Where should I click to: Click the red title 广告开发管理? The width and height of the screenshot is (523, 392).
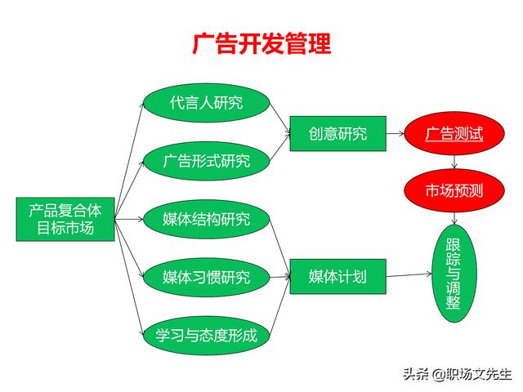tap(261, 43)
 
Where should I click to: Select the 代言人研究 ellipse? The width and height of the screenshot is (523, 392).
tap(207, 103)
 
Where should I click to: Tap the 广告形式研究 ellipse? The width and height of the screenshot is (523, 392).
tap(207, 161)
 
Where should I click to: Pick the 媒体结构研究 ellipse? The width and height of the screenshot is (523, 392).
tap(207, 220)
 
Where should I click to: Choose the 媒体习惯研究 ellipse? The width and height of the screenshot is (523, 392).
tap(207, 278)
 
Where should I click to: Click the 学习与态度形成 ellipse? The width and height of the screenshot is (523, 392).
tap(207, 336)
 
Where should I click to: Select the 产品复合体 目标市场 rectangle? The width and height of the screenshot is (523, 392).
tap(65, 220)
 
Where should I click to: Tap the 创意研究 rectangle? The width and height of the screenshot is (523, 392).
tap(337, 134)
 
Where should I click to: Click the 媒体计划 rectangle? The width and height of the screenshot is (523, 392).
tap(337, 277)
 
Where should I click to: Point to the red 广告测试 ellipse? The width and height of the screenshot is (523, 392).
tap(454, 134)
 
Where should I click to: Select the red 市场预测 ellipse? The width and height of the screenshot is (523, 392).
tap(454, 190)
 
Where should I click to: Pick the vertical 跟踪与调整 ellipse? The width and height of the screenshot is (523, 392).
tap(454, 274)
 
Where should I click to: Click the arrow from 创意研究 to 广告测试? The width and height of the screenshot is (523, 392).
tap(396, 134)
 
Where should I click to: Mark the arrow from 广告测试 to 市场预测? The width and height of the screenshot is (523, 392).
tap(454, 162)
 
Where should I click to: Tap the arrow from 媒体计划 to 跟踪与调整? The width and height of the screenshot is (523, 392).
tap(409, 275)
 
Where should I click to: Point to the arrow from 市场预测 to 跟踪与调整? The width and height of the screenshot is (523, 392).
tap(454, 218)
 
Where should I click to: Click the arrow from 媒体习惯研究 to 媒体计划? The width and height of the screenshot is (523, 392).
tap(279, 277)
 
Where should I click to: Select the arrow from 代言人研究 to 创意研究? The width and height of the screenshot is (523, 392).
tap(279, 118)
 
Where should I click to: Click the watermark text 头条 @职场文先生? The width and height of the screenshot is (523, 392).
tap(457, 374)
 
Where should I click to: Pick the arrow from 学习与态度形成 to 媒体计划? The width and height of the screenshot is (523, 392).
tap(279, 306)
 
